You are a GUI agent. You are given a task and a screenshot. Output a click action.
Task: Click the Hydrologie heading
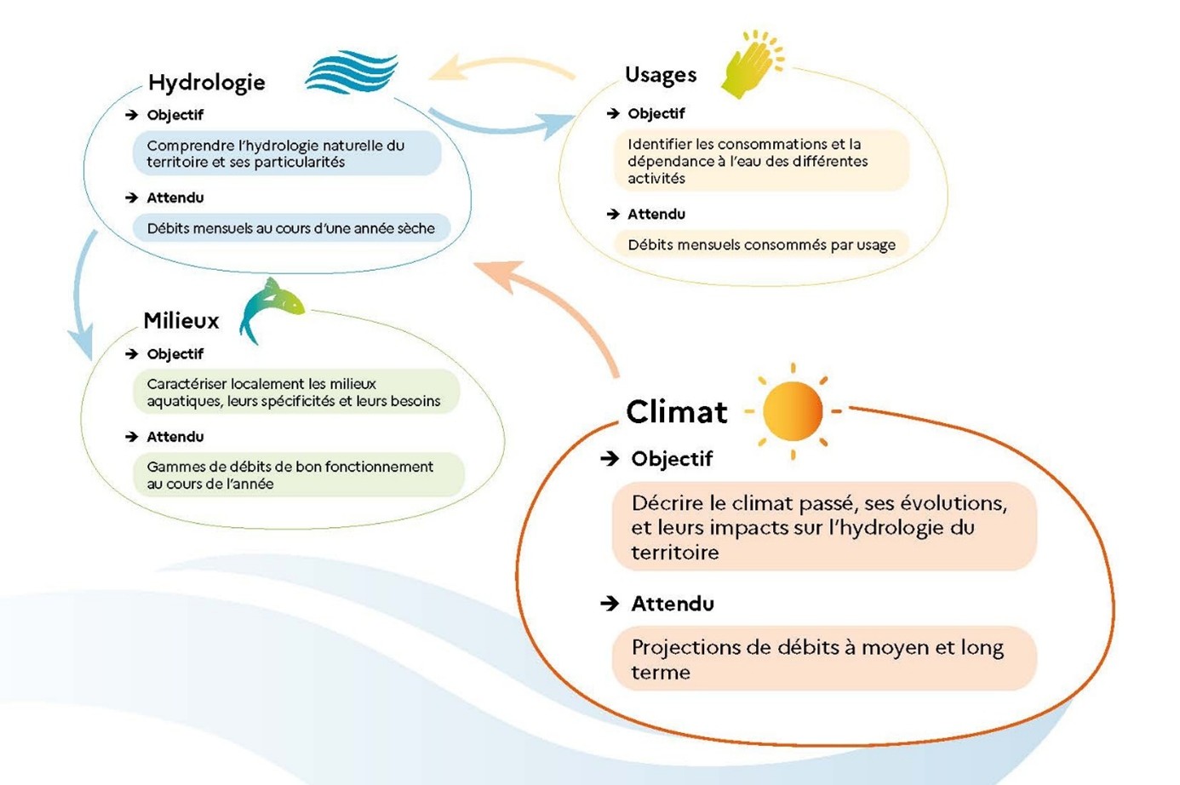pos(206,83)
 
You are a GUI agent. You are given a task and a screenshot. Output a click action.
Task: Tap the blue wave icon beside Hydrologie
pos(351,72)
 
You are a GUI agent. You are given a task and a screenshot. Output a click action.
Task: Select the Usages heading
pos(660,75)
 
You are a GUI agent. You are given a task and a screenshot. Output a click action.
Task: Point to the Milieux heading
pos(180,321)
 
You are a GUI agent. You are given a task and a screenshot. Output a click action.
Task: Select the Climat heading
pos(676,412)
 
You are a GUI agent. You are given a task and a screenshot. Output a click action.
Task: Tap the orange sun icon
pos(793,411)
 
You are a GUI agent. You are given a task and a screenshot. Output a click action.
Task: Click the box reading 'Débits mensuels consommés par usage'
pos(760,245)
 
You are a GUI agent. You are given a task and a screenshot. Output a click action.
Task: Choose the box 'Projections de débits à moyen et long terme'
pos(823,659)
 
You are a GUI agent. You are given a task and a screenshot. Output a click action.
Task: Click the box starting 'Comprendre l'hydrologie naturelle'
pos(286,154)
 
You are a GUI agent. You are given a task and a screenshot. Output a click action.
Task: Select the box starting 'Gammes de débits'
pos(298,475)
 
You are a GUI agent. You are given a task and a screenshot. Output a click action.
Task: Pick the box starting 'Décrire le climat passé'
pos(823,527)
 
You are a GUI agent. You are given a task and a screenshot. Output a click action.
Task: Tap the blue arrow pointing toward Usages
pos(502,125)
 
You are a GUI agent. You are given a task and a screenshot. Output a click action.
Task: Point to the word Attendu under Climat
pos(672,605)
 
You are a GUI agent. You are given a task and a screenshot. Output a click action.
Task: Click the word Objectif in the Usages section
pos(656,114)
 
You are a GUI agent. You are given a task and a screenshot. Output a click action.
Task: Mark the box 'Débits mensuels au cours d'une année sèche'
pos(290,228)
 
